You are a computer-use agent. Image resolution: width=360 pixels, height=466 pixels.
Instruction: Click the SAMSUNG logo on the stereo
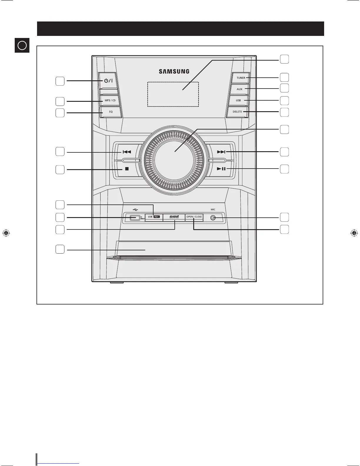(x=174, y=71)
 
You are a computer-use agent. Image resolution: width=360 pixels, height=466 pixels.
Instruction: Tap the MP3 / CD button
(x=110, y=100)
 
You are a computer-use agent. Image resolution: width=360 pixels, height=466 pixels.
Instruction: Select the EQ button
(x=111, y=112)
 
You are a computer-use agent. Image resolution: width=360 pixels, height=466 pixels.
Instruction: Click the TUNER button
(x=241, y=78)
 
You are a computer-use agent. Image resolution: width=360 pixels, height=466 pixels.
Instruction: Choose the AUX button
(x=239, y=89)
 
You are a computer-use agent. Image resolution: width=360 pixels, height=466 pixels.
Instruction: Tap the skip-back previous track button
(x=127, y=152)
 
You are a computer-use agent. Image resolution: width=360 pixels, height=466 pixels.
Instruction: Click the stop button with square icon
(x=127, y=169)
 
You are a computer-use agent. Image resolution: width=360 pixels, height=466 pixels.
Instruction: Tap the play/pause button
(x=221, y=169)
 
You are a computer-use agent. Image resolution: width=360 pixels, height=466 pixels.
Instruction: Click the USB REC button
(x=154, y=217)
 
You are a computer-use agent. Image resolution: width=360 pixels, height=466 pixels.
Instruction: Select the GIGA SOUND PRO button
(x=174, y=217)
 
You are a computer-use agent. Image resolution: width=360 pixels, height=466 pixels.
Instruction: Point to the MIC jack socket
(x=213, y=218)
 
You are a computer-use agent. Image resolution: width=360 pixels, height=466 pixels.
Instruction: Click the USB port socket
(x=135, y=218)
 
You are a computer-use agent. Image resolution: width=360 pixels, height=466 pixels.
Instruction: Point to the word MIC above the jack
(x=213, y=209)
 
